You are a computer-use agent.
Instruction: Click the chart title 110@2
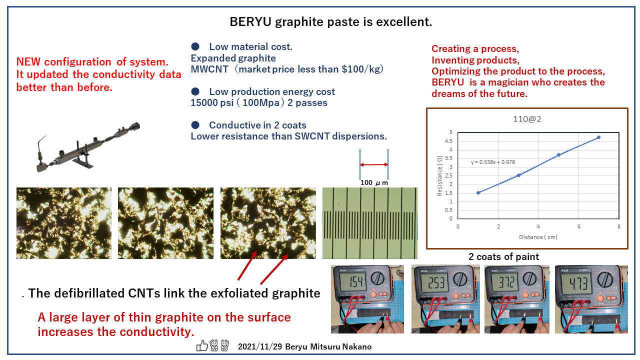(x=527, y=119)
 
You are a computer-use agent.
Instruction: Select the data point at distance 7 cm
(x=598, y=137)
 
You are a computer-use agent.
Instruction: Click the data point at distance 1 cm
(x=478, y=193)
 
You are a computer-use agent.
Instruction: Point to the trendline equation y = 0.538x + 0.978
(x=493, y=162)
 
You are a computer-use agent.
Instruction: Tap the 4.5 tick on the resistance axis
(x=448, y=141)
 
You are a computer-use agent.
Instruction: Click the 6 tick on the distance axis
(x=578, y=226)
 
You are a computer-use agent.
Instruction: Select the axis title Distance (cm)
(x=538, y=237)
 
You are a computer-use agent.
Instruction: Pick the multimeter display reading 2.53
(x=435, y=282)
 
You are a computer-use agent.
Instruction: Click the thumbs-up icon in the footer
(x=202, y=345)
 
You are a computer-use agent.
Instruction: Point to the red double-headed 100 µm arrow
(x=373, y=164)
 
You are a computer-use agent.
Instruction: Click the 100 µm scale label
(x=374, y=182)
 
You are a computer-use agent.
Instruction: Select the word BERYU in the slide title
(x=250, y=21)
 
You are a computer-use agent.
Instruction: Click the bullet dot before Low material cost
(x=195, y=46)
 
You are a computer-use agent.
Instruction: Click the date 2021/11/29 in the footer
(x=260, y=346)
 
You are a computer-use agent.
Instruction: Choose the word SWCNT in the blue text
(x=312, y=136)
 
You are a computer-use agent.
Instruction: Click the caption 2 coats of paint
(x=503, y=256)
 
